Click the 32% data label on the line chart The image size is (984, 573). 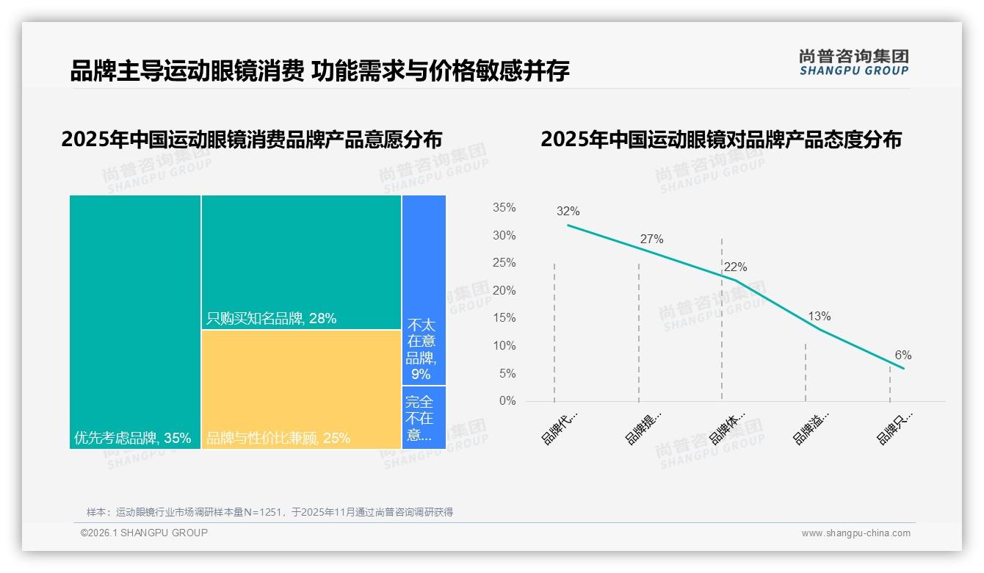(x=568, y=212)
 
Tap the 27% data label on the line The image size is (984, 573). (x=651, y=239)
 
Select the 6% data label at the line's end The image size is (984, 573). (x=902, y=356)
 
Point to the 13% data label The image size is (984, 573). (x=819, y=317)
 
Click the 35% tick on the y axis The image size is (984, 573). (x=504, y=208)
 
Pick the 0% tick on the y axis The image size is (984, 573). (x=507, y=401)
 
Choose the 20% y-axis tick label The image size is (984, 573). (x=504, y=291)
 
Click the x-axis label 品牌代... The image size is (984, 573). (x=560, y=428)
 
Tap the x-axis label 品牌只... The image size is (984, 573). (x=894, y=428)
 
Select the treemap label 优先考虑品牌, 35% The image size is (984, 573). (x=132, y=439)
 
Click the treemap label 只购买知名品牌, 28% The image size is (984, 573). (x=271, y=319)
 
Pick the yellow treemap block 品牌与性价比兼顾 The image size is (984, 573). (x=301, y=389)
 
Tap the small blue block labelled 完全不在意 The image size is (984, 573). (x=424, y=417)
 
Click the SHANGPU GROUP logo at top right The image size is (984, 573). (x=853, y=62)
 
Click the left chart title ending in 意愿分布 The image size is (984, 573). (x=251, y=140)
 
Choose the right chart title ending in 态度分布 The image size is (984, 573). (x=720, y=140)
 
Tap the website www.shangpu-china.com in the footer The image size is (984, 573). (x=855, y=533)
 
